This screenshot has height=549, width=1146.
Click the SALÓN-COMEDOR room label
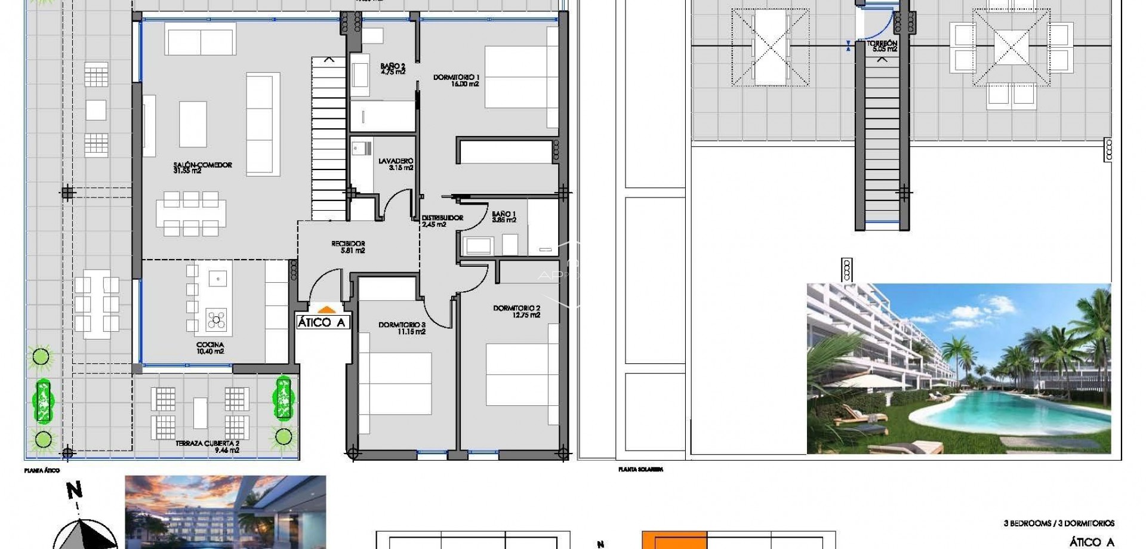[202, 165]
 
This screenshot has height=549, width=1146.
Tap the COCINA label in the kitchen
[210, 345]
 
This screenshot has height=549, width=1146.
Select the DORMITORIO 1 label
[457, 78]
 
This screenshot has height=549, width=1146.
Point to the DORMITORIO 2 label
[516, 309]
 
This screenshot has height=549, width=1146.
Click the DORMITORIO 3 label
[402, 325]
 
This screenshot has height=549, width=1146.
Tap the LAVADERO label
[396, 161]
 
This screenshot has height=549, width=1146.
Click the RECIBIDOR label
[348, 243]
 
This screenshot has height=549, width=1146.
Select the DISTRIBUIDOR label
[442, 218]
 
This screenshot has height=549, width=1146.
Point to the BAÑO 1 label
[504, 214]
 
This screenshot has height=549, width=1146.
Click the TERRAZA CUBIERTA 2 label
[207, 444]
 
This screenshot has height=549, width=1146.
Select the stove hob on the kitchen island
[216, 320]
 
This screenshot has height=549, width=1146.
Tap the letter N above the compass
[75, 491]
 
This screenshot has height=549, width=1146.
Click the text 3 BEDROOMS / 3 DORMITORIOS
[1059, 523]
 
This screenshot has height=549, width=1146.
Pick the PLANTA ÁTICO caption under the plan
[42, 471]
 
